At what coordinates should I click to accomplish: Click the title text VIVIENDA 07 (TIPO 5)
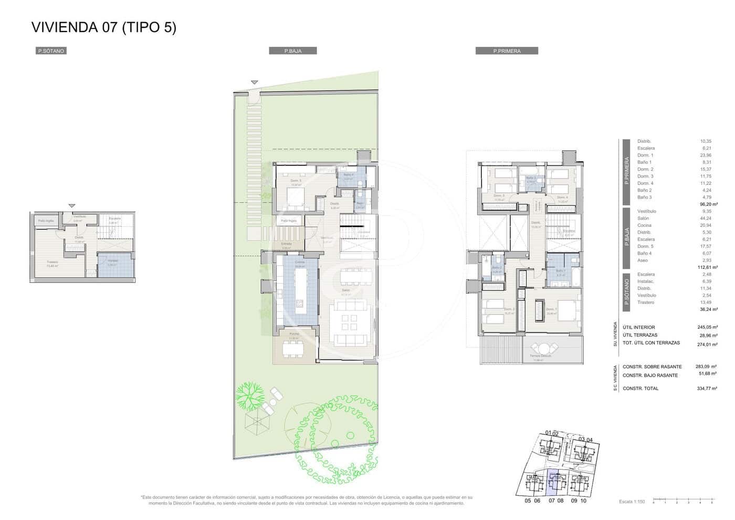104,27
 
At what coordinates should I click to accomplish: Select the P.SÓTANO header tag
51,51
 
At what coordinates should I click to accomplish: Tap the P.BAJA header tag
292,51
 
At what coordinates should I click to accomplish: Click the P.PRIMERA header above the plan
507,51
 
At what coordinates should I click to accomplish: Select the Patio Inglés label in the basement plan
46,221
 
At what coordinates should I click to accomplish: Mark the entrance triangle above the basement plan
72,205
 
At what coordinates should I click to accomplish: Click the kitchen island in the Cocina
300,290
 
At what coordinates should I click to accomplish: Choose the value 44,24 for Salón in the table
705,218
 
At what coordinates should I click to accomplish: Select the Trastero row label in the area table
646,302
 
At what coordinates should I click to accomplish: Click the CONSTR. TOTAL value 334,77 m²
707,388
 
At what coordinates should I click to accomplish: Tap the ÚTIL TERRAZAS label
639,335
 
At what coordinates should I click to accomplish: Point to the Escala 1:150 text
632,502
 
